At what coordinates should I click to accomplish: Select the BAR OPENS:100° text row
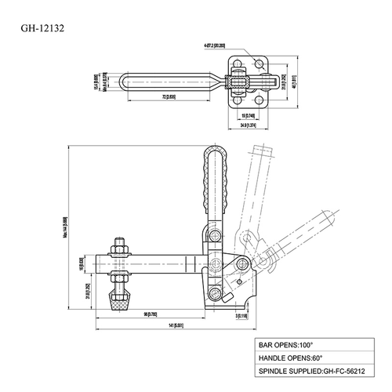[288, 343]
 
